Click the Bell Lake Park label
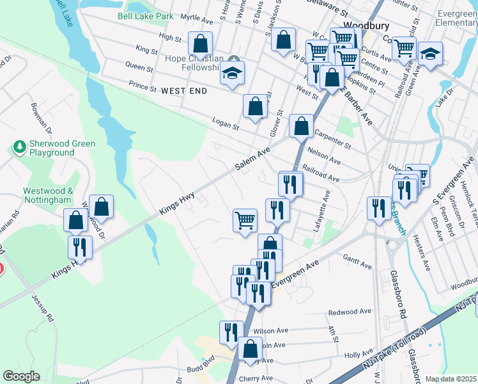144,15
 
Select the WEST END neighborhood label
184,91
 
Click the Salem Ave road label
252,159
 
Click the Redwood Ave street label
349,312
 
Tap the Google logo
21,376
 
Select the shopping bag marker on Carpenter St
301,126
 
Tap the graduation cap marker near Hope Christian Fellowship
233,73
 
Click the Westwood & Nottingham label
49,195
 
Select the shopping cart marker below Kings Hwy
245,221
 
